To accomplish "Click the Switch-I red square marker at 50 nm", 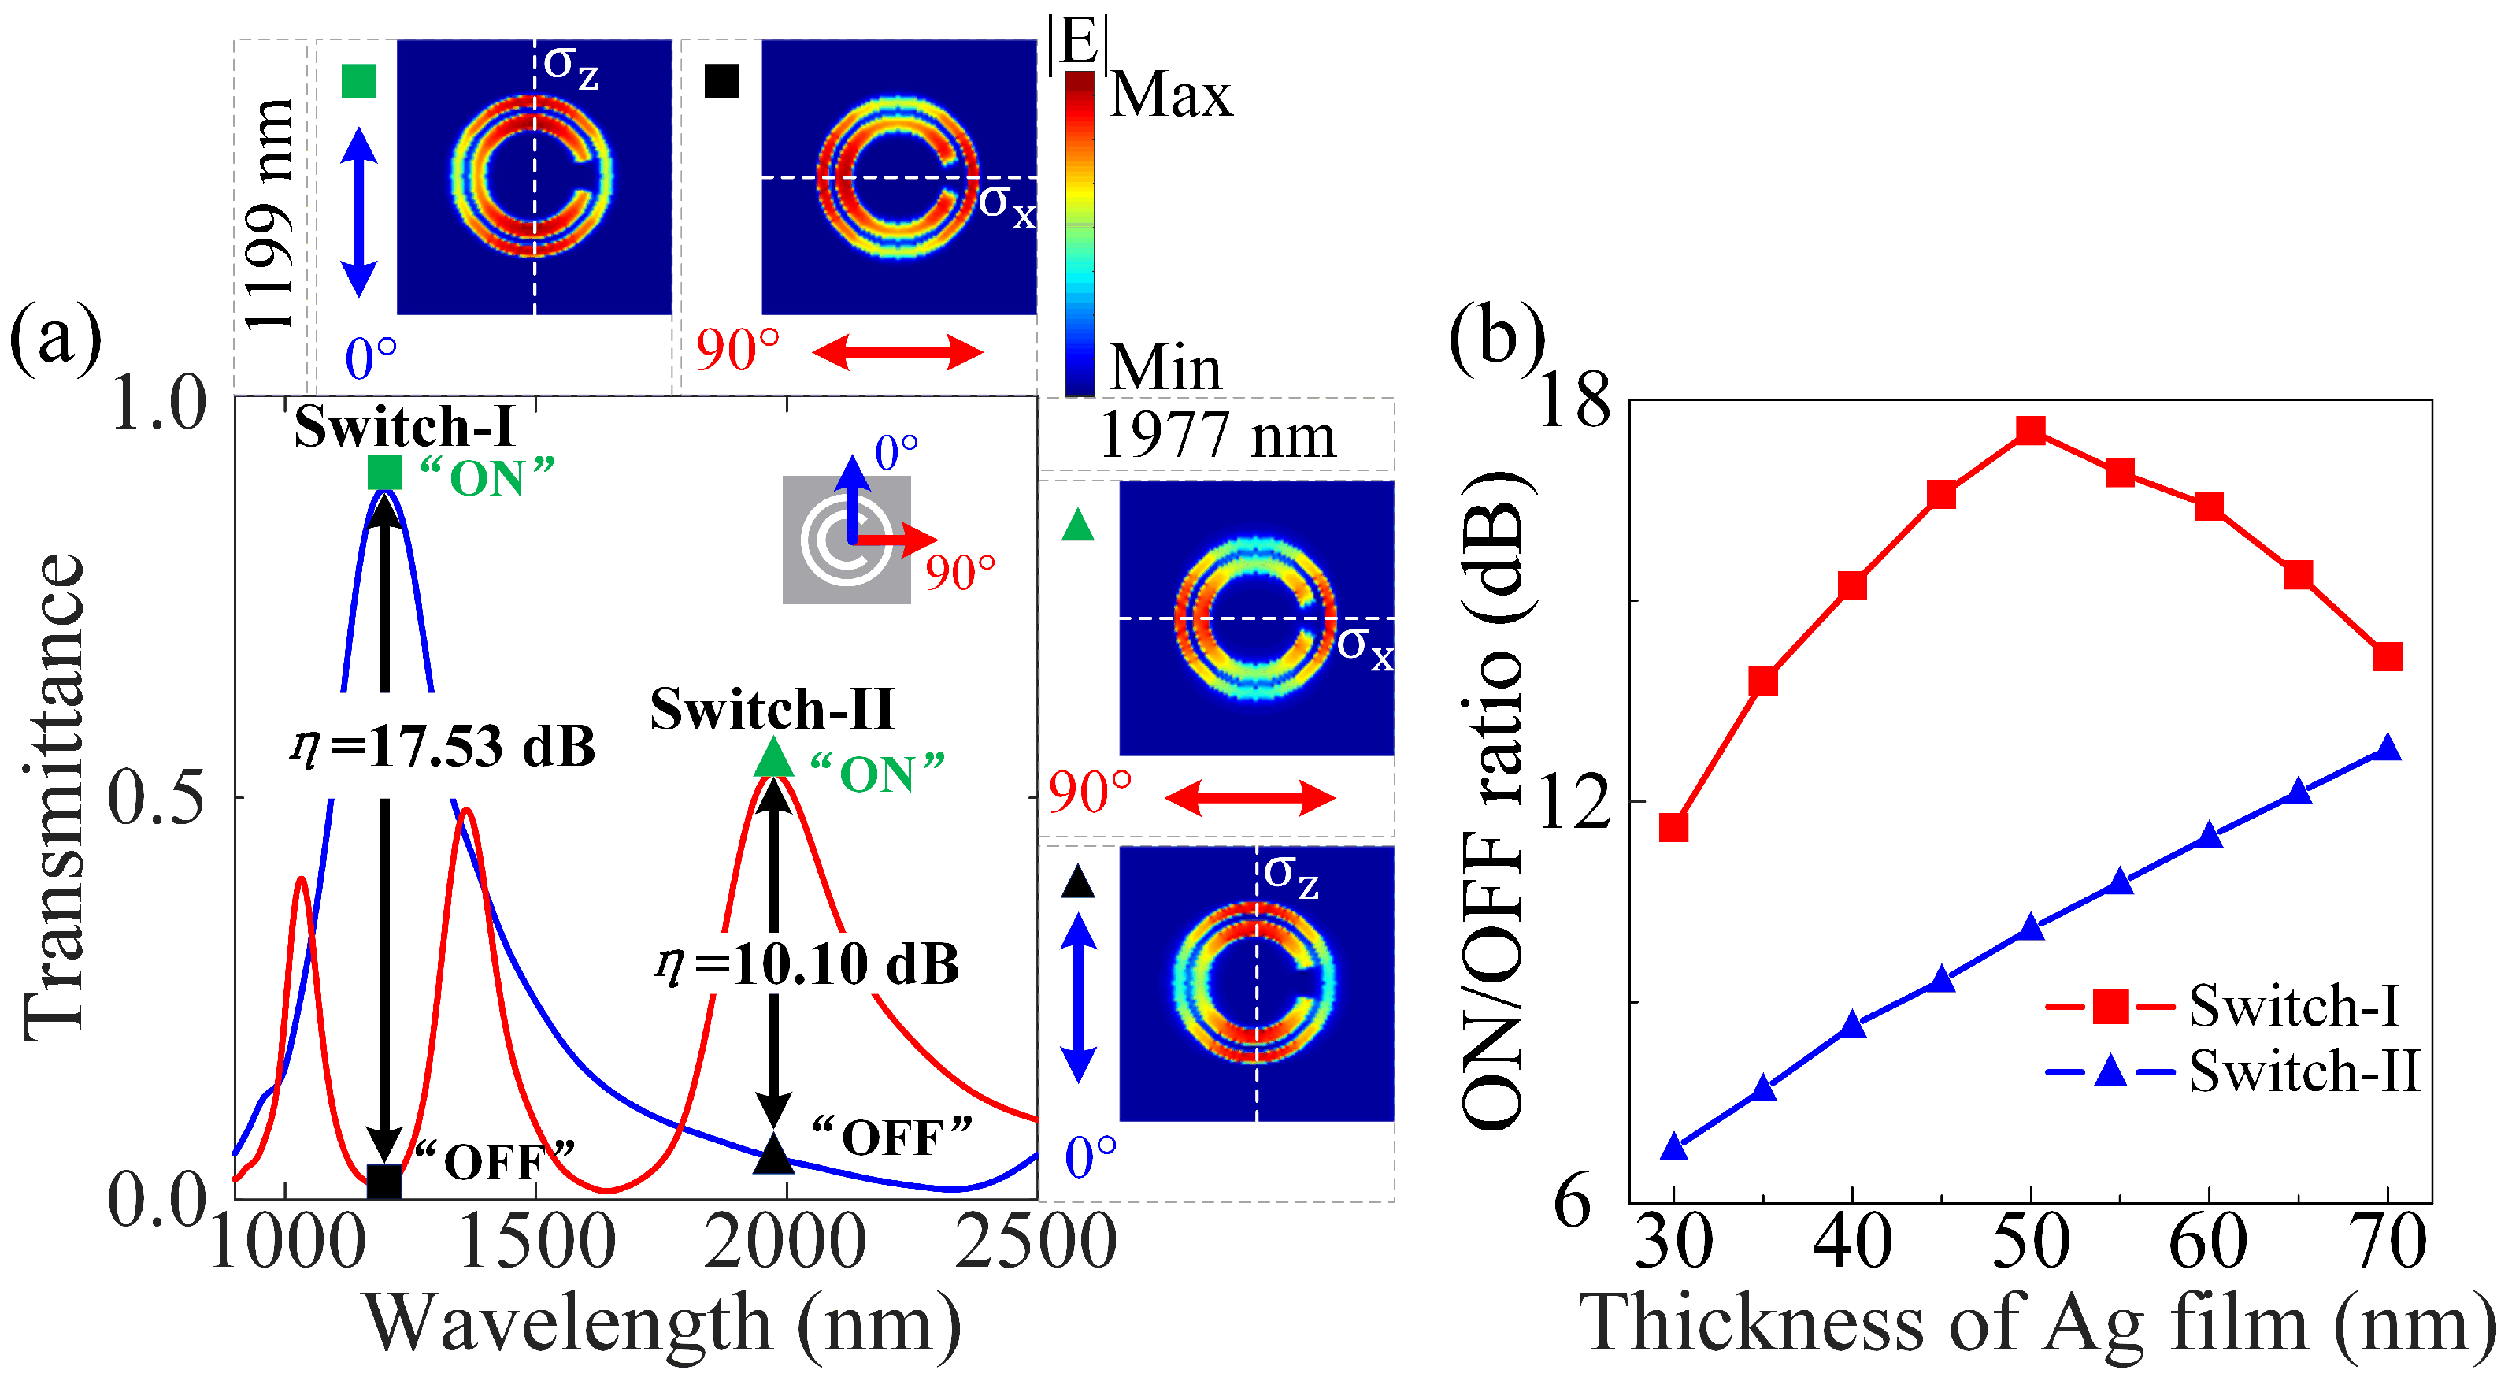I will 2030,430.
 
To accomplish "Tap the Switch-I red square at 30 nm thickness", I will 1673,827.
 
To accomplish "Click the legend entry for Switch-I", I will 2292,1005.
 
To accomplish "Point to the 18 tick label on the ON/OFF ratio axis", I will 1573,401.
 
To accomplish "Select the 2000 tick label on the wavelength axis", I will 785,1243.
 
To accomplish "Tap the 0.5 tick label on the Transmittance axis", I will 157,799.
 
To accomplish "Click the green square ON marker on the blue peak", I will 384,473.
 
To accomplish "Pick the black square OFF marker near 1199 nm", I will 384,1181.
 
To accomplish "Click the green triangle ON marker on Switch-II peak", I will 774,758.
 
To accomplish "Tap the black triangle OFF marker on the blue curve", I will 774,1154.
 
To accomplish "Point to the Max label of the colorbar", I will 1170,95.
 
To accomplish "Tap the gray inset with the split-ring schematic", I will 846,540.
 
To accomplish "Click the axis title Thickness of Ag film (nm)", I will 2037,1325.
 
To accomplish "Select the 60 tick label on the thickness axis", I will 2208,1243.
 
